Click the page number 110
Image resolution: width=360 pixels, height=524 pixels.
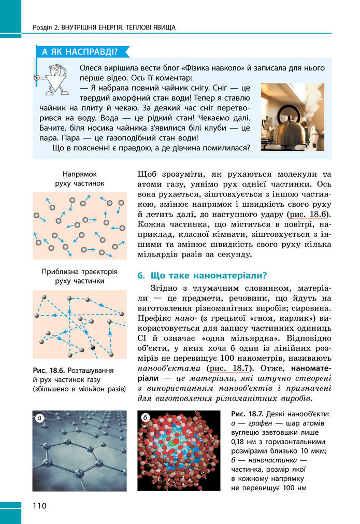click(39, 506)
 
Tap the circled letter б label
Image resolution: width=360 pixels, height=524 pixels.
click(146, 417)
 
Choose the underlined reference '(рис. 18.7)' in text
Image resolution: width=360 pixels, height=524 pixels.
click(228, 369)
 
